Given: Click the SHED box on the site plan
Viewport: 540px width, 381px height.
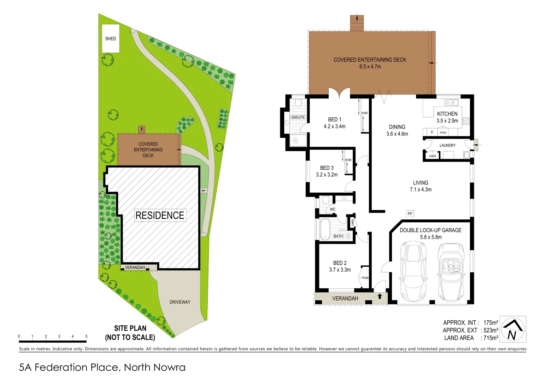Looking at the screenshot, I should click(x=111, y=38).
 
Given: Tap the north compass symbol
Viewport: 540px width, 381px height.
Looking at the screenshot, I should click(x=513, y=329).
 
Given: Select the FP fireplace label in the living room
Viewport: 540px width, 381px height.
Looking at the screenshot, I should click(x=410, y=214).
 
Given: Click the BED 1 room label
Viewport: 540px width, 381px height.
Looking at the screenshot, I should click(x=334, y=120).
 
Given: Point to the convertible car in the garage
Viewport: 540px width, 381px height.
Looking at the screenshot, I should click(x=451, y=272).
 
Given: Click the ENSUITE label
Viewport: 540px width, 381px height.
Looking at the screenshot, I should click(x=298, y=117).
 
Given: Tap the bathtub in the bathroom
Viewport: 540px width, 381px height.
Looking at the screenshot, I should click(x=325, y=229).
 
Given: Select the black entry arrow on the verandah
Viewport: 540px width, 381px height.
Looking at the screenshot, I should click(x=380, y=296).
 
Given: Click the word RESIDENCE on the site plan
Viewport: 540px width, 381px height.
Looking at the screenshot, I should click(x=160, y=215).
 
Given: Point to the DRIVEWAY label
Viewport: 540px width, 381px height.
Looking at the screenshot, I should click(x=180, y=302).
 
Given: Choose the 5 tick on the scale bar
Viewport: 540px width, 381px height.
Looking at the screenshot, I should click(x=86, y=337).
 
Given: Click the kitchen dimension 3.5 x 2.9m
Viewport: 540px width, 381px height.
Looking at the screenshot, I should click(x=447, y=121).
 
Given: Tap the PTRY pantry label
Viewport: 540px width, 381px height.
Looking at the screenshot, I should click(x=443, y=133).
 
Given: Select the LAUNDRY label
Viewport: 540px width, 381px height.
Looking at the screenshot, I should click(x=447, y=145).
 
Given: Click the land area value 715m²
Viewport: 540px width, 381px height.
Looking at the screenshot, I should click(x=491, y=338).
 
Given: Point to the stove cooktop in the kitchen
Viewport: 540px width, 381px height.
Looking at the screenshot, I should click(x=466, y=121).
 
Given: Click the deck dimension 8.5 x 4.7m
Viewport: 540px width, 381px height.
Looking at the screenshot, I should click(x=370, y=67).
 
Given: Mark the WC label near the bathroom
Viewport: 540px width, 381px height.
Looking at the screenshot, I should click(x=332, y=209).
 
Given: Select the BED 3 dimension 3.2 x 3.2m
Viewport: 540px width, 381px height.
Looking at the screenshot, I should click(x=327, y=175).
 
